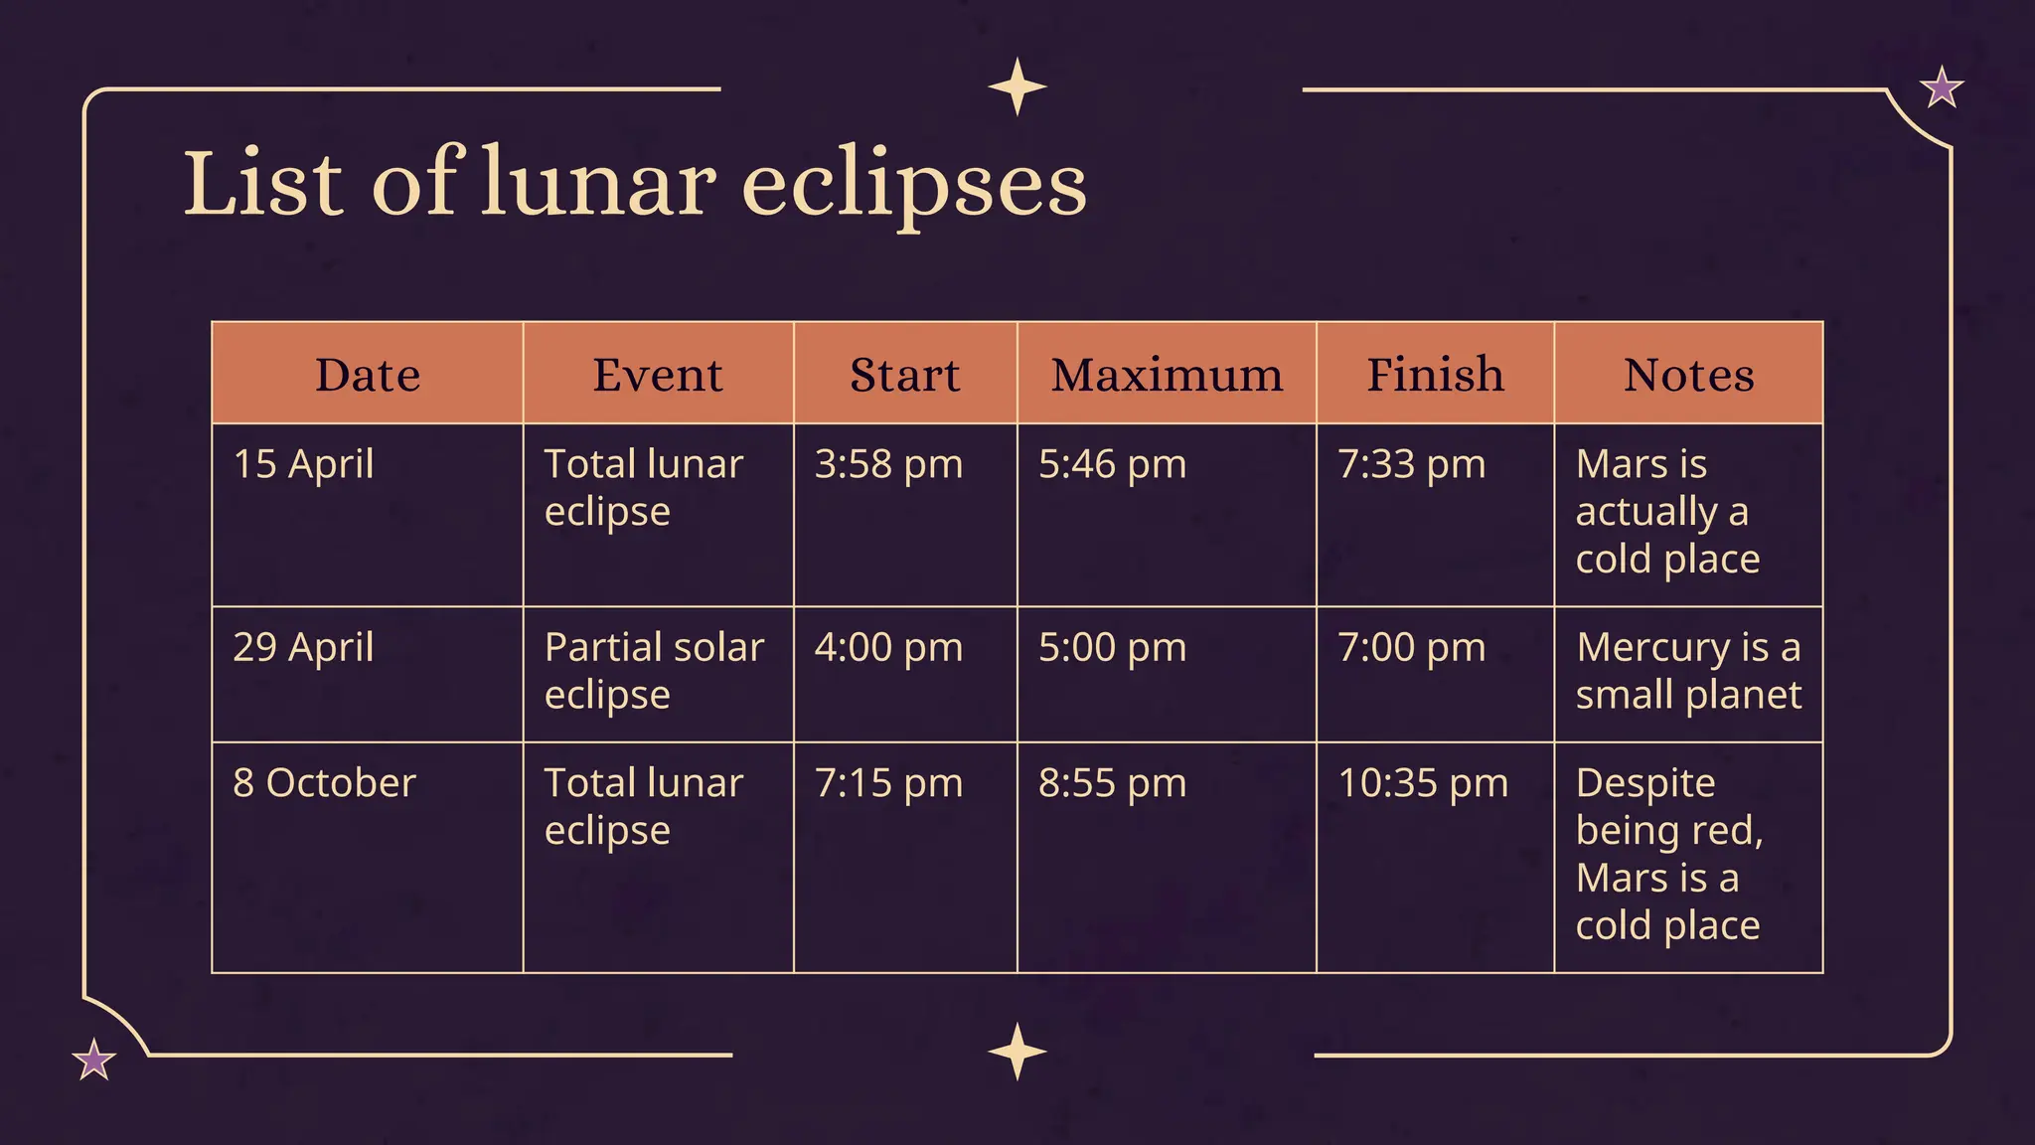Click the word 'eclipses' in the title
point(914,186)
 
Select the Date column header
point(368,375)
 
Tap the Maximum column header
point(1167,375)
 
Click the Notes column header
point(1688,375)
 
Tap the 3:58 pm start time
point(888,464)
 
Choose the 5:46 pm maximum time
point(1112,464)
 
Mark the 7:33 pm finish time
point(1411,464)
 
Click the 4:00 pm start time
point(888,647)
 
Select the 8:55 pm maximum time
point(1112,783)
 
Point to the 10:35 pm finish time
point(1423,783)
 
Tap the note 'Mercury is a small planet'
point(1688,671)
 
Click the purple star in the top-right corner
point(1942,87)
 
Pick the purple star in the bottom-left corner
point(94,1060)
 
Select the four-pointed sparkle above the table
point(1017,86)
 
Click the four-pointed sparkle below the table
point(1017,1052)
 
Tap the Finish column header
point(1435,375)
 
